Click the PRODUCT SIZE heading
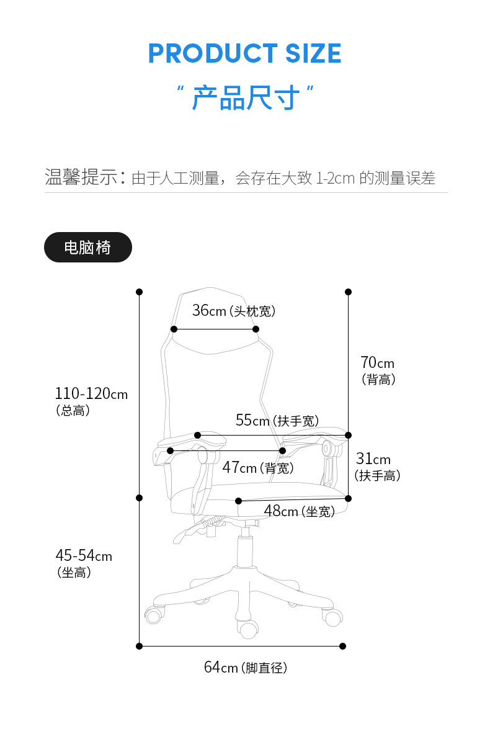point(244,54)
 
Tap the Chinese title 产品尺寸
point(245,98)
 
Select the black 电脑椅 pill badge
point(87,247)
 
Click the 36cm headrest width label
point(233,311)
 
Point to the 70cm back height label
point(378,370)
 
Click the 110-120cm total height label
point(91,400)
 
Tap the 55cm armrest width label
point(277,421)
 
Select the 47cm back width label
point(257,468)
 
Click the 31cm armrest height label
point(377,466)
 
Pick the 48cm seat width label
point(299,511)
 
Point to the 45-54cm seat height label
point(84,563)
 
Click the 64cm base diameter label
point(245,668)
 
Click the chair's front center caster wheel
point(249,628)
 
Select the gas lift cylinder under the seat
point(245,550)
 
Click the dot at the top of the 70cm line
point(348,292)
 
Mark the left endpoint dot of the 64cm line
point(140,646)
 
